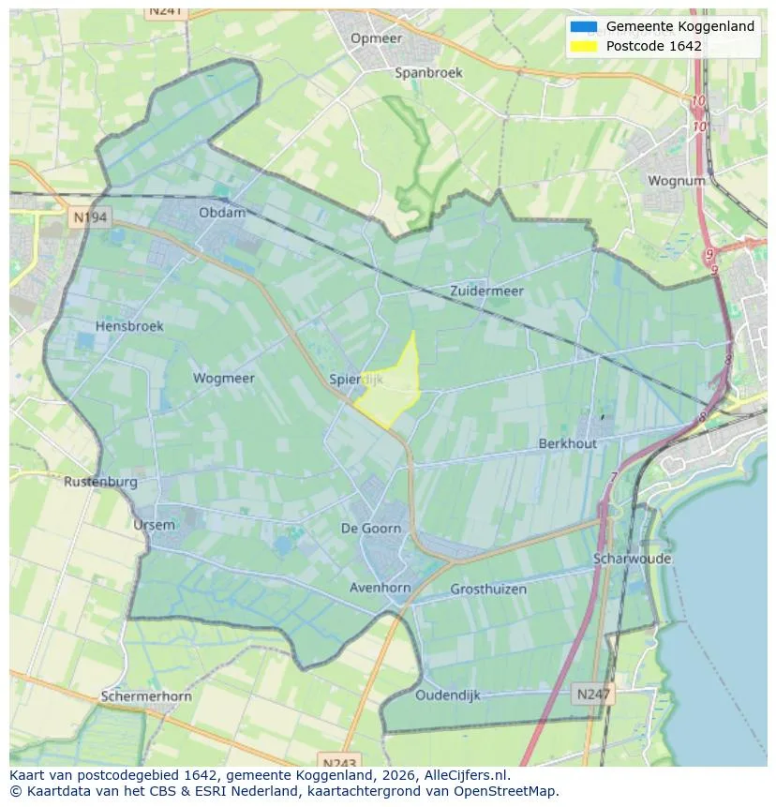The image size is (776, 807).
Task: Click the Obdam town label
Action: (x=222, y=213)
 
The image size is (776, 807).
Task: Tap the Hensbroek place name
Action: (x=129, y=326)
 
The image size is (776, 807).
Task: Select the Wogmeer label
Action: (x=223, y=379)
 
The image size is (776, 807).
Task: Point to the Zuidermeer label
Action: (x=486, y=291)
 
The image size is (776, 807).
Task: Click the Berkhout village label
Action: (x=567, y=443)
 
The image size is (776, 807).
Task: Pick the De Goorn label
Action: (x=371, y=529)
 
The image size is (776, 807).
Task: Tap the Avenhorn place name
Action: (x=380, y=588)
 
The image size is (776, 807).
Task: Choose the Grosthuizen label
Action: (x=488, y=590)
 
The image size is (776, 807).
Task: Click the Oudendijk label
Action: (x=448, y=695)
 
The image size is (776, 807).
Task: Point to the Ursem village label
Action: (x=154, y=525)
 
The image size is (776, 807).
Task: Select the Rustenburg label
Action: (x=100, y=482)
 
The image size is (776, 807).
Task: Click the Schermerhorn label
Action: (x=146, y=696)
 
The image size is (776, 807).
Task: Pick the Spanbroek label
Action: (x=428, y=72)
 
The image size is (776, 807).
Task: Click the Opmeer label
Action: (x=376, y=38)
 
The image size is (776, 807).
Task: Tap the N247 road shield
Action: (x=591, y=695)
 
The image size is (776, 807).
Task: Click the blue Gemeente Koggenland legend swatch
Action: (x=583, y=26)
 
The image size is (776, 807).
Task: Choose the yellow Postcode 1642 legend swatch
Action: (x=583, y=46)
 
